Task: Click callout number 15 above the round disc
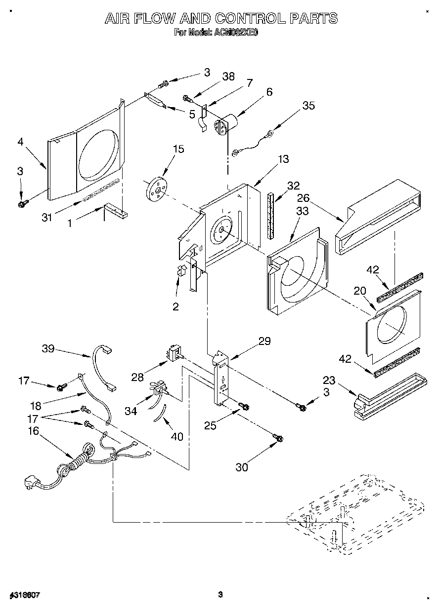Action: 178,149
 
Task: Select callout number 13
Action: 283,159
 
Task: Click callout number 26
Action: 303,198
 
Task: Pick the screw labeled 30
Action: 278,438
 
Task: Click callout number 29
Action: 264,341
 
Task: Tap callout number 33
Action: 302,211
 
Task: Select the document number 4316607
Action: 24,595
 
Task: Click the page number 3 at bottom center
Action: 221,594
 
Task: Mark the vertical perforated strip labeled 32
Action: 270,215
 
